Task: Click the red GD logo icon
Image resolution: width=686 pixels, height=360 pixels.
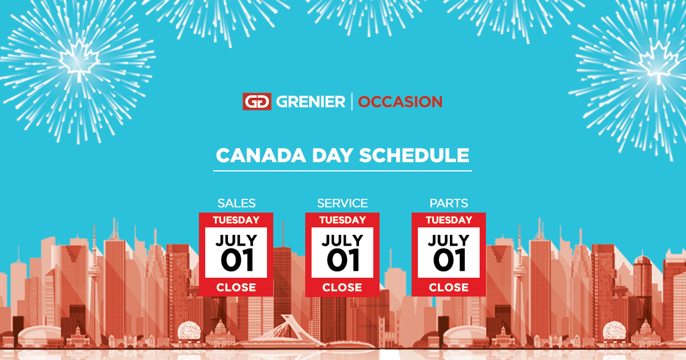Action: (x=257, y=102)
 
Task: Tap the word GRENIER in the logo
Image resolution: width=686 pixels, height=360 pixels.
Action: (x=311, y=102)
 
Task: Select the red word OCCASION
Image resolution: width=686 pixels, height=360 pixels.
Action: (x=400, y=102)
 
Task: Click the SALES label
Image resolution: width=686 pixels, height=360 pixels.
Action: (x=236, y=203)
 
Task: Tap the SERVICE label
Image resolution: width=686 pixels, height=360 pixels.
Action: (x=342, y=203)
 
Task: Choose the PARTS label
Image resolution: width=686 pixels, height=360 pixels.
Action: (x=449, y=203)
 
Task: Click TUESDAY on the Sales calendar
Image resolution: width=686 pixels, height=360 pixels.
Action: (x=236, y=220)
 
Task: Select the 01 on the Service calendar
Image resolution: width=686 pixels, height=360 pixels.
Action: (x=343, y=261)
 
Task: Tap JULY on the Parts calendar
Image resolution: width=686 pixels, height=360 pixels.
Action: (x=449, y=240)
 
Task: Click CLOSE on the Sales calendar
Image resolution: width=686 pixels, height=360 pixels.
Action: (x=236, y=287)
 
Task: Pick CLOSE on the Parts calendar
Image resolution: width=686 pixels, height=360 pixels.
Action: (x=449, y=287)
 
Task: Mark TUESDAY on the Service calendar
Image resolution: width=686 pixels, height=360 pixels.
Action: (x=342, y=220)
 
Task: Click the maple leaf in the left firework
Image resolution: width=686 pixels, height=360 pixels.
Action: (x=80, y=58)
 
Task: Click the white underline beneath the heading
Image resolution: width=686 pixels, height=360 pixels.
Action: (x=343, y=170)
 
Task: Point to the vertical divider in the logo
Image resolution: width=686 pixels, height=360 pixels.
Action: (x=352, y=102)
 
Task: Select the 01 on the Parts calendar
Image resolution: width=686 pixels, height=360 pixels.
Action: (x=449, y=261)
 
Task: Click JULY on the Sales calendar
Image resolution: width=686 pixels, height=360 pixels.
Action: (x=236, y=240)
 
